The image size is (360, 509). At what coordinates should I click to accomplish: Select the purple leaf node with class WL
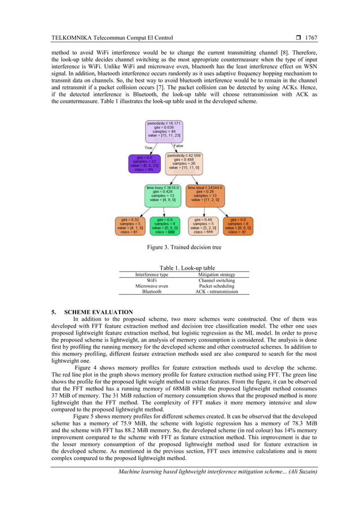145,163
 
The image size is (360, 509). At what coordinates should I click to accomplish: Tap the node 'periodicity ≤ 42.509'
183,161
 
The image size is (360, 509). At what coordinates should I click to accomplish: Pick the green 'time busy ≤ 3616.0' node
162,194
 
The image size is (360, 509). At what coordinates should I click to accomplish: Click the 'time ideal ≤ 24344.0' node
205,194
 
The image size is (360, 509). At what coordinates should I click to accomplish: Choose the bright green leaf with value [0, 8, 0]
165,225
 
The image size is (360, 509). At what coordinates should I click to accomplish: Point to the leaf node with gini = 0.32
131,225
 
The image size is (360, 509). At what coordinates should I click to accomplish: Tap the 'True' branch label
149,148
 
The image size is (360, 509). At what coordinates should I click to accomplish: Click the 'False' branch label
178,146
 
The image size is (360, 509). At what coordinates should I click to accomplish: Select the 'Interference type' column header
152,275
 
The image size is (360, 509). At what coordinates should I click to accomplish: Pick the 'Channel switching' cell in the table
217,280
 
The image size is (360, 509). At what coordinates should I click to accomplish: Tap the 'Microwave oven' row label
152,286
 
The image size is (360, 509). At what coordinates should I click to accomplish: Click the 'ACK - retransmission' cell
217,292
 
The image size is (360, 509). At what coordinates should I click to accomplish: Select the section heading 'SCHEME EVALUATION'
99,312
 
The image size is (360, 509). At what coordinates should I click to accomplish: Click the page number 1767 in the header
311,38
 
